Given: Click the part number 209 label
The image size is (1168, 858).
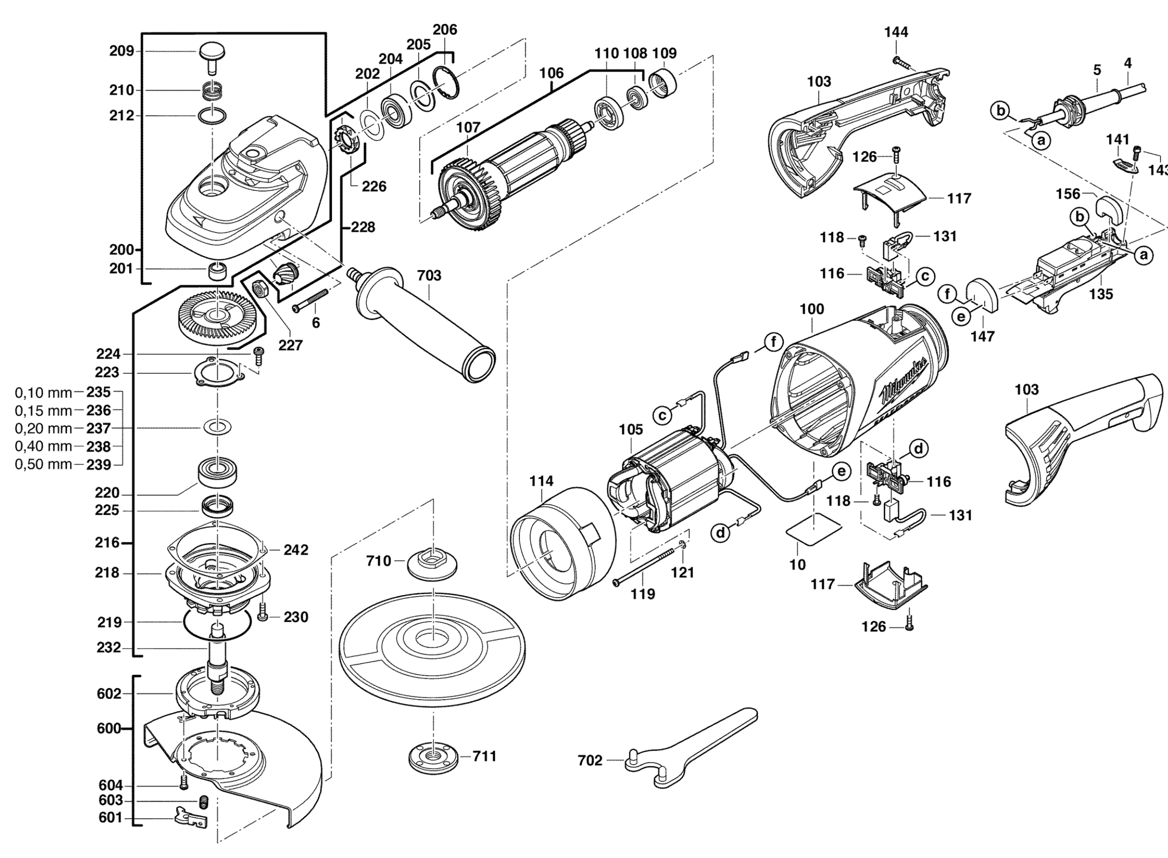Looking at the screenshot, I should (121, 51).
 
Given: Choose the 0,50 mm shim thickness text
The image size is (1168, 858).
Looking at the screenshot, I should (43, 464).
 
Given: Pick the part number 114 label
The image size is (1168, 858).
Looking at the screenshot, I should (541, 481).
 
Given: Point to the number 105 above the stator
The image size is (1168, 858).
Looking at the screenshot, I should (631, 429).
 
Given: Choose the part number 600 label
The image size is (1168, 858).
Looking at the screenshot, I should (108, 729).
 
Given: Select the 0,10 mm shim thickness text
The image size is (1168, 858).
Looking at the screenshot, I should (43, 393).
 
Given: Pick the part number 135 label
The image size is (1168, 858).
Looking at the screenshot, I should (1101, 294).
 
